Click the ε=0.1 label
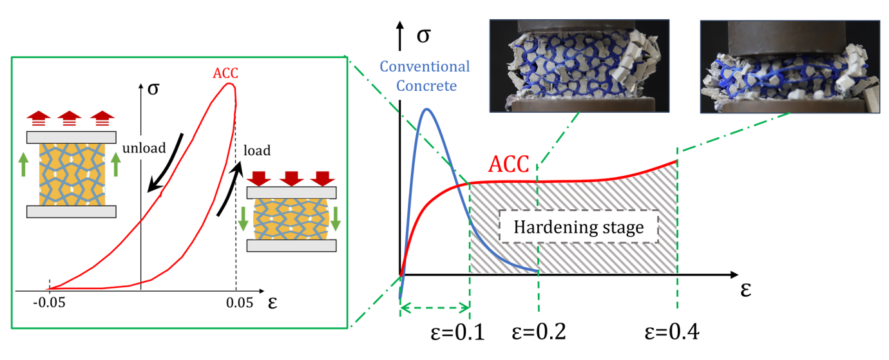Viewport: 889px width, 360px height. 457,332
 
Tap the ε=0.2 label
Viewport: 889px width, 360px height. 539,332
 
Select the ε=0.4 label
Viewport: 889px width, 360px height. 672,332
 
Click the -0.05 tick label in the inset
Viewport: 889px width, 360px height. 49,303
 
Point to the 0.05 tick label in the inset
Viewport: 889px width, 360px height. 239,303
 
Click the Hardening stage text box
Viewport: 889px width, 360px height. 578,227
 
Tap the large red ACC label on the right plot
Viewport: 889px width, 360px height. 508,164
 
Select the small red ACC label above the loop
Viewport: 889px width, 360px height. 225,73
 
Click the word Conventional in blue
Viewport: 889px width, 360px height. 425,66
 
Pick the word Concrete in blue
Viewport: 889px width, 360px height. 426,86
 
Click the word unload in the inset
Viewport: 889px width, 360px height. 144,148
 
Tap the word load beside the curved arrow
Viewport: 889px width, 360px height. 257,151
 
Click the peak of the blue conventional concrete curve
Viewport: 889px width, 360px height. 426,109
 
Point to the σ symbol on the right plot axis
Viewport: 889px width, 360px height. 423,35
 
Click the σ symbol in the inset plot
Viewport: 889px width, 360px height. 153,89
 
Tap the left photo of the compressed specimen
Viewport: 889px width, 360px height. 579,66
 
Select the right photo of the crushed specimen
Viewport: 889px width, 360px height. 790,67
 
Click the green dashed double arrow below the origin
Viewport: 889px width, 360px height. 435,307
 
